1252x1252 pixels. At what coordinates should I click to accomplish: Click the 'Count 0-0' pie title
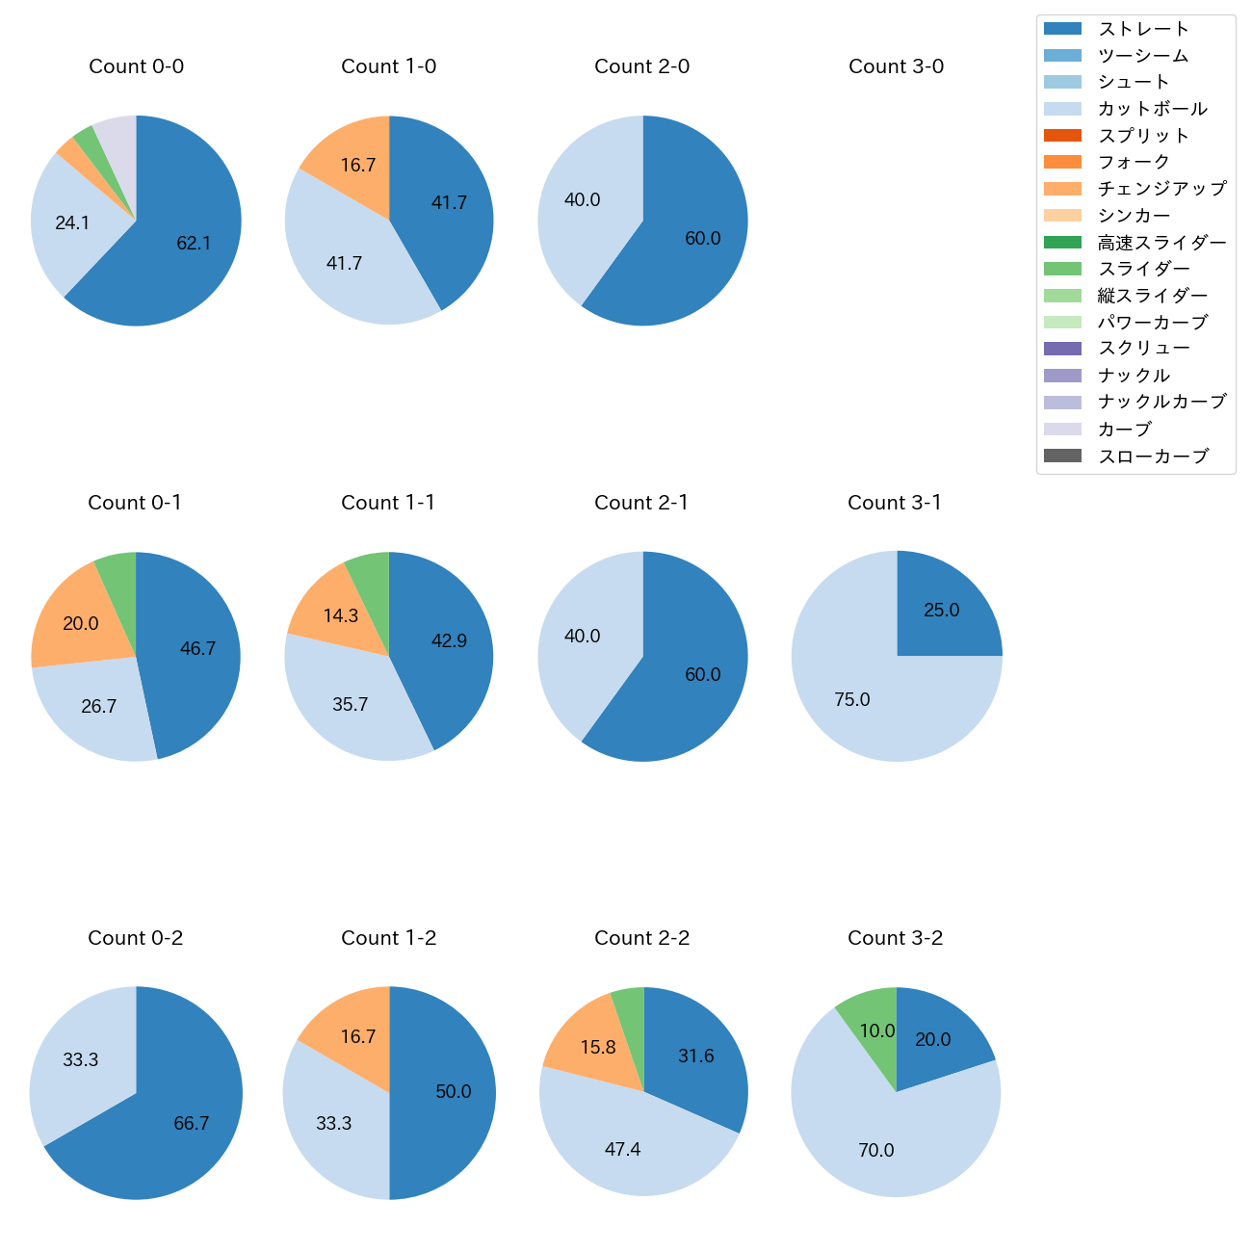click(x=136, y=66)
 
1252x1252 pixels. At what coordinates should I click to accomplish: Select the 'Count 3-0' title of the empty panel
click(x=896, y=66)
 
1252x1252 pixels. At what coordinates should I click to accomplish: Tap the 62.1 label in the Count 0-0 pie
click(x=194, y=244)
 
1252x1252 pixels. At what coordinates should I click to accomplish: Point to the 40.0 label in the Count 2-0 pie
click(x=582, y=200)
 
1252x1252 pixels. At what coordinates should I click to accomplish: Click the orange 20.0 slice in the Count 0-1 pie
click(x=72, y=616)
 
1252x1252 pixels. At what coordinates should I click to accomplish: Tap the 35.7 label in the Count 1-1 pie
click(x=350, y=705)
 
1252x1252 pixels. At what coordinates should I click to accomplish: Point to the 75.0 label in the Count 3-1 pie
click(x=852, y=700)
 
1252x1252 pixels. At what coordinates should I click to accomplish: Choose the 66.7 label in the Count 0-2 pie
click(x=191, y=1124)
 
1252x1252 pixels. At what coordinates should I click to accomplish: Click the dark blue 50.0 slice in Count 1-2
click(x=443, y=1092)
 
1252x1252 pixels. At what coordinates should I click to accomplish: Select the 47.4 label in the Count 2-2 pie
click(x=622, y=1150)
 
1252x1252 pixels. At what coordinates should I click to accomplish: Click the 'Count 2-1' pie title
click(x=641, y=503)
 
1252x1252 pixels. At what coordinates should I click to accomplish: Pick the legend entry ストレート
click(x=1143, y=29)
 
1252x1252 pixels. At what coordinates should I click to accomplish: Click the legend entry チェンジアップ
click(x=1161, y=189)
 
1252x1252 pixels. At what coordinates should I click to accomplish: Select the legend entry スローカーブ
click(x=1153, y=456)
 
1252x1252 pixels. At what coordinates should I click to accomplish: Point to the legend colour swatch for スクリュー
click(x=1062, y=349)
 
